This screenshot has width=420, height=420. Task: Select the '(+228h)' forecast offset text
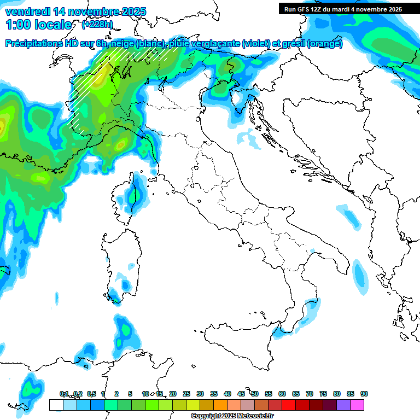point(98,24)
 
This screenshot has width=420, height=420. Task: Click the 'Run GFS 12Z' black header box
point(343,9)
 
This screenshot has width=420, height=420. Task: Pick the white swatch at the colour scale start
point(56,405)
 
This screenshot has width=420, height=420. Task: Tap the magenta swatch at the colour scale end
point(357,405)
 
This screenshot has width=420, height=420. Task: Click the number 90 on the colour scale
point(364,394)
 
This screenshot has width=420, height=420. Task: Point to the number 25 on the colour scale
point(186,394)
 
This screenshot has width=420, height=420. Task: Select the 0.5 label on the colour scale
point(91,394)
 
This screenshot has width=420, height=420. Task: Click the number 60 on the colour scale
point(282,394)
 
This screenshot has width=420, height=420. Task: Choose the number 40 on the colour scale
point(227,394)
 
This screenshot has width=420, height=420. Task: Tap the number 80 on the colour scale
point(337,394)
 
